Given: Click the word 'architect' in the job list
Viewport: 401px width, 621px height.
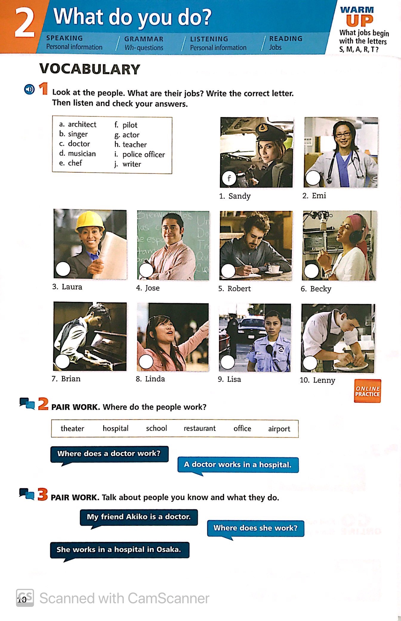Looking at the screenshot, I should click(82, 124).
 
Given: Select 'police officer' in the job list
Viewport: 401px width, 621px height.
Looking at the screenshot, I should click(144, 154).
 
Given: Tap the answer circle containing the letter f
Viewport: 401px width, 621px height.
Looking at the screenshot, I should click(229, 179).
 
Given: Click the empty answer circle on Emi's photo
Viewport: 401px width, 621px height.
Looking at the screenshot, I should click(312, 178).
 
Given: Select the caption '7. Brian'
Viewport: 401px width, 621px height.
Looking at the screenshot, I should click(66, 379).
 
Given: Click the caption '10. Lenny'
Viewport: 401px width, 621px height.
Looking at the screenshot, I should click(317, 380).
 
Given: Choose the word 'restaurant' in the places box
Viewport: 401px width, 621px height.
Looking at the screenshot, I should click(199, 428).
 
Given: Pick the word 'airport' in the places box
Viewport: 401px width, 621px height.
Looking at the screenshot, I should click(279, 429).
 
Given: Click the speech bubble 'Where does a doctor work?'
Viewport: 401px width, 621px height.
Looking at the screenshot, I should click(109, 454).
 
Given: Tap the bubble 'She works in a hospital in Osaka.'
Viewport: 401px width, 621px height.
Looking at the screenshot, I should click(119, 550).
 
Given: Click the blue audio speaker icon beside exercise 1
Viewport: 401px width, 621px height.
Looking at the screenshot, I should click(29, 89).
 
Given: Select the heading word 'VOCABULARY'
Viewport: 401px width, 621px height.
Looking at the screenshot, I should click(90, 69).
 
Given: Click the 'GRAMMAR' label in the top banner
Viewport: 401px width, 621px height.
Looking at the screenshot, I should click(144, 39).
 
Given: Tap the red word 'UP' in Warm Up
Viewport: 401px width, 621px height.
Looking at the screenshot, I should click(360, 20).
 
